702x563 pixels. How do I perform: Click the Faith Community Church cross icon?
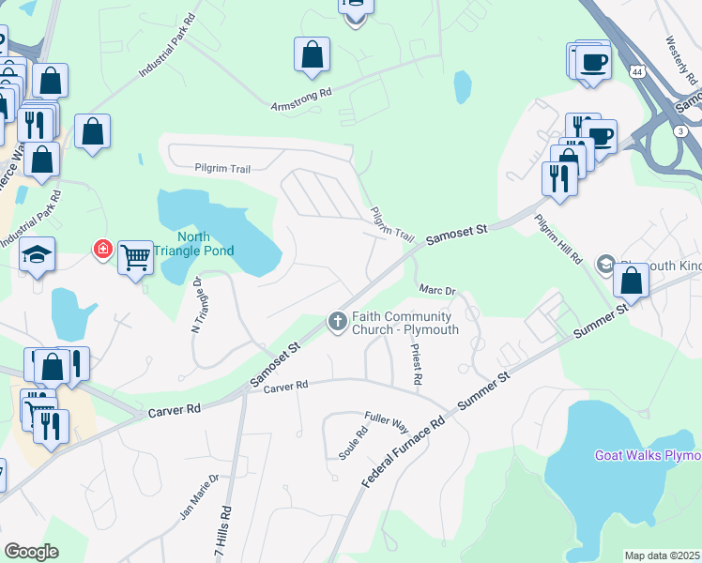pos(337,323)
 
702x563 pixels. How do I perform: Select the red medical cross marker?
pos(100,250)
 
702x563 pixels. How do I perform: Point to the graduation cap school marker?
pos(38,254)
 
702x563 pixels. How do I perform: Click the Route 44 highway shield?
pos(637,71)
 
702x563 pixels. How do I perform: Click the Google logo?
pos(31,551)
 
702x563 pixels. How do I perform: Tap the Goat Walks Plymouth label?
pos(648,456)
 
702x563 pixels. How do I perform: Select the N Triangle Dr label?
pos(197,305)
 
